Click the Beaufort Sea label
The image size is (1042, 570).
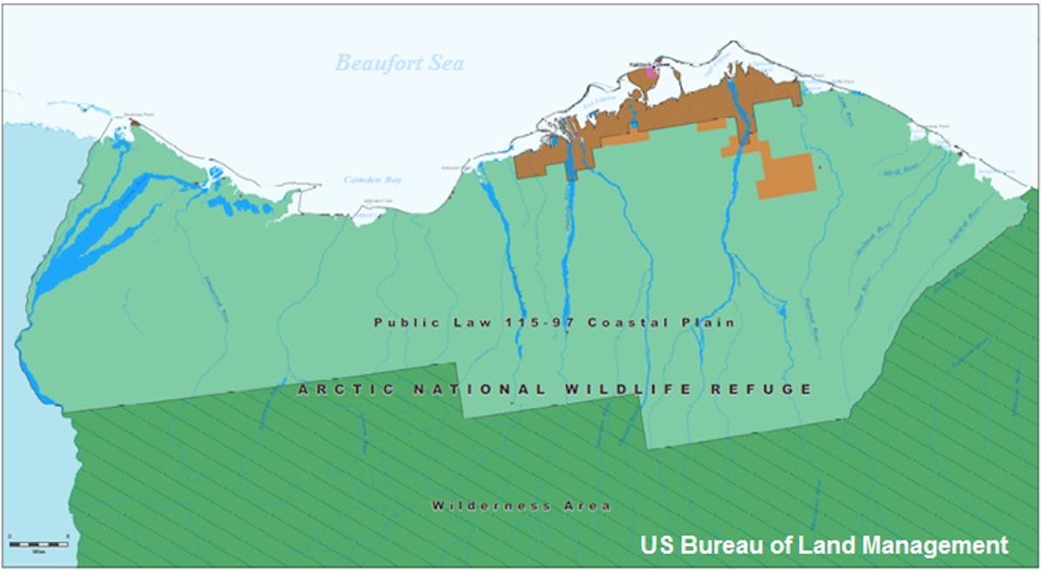tap(399, 63)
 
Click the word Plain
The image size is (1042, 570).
tap(709, 323)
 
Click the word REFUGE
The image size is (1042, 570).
tap(761, 390)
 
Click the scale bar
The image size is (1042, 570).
tap(38, 544)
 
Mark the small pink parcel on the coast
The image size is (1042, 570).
tap(652, 74)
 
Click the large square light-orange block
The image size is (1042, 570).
tap(787, 176)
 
